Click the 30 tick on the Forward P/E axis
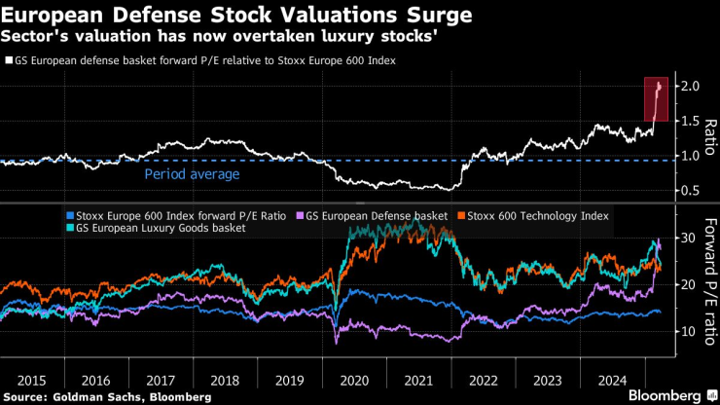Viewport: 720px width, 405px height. click(x=689, y=238)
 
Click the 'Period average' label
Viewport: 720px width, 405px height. click(x=192, y=174)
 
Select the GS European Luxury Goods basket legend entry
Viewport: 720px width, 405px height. click(x=146, y=228)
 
